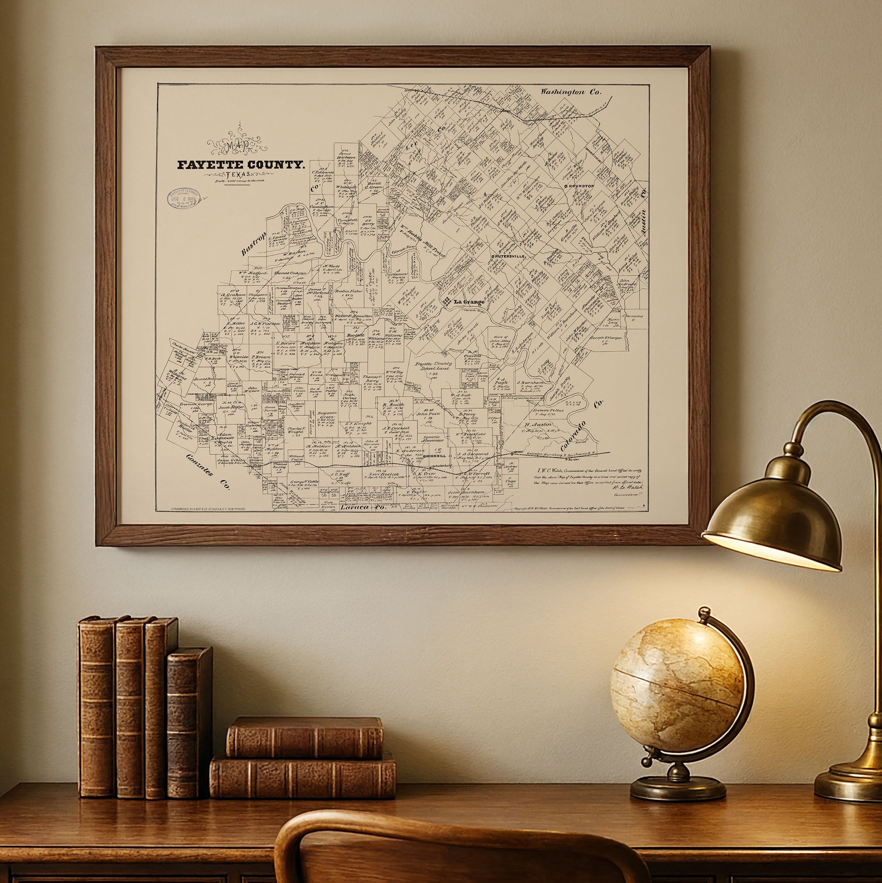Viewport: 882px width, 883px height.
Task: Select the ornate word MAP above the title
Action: tap(238, 145)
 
